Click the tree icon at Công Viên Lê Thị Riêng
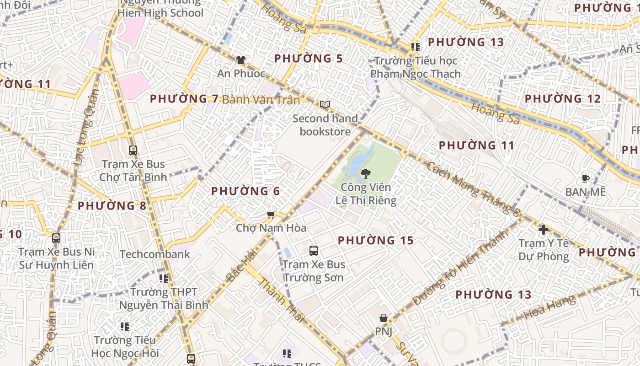[x=365, y=173]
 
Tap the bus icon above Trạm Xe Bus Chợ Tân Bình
[x=133, y=150]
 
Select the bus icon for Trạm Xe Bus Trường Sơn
[x=314, y=250]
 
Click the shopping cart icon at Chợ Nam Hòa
[x=271, y=215]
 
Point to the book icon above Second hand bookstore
[x=325, y=105]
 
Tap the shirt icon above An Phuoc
[x=240, y=60]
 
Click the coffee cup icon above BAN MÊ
[x=585, y=178]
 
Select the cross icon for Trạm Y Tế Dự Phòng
[x=543, y=230]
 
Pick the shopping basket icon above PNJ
[x=384, y=318]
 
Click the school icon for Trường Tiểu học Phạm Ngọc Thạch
[x=415, y=47]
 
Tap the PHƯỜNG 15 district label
[x=376, y=240]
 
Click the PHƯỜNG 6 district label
[x=245, y=191]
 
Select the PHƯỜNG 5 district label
[x=309, y=59]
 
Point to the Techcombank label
[x=155, y=254]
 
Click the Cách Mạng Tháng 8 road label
[x=473, y=188]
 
